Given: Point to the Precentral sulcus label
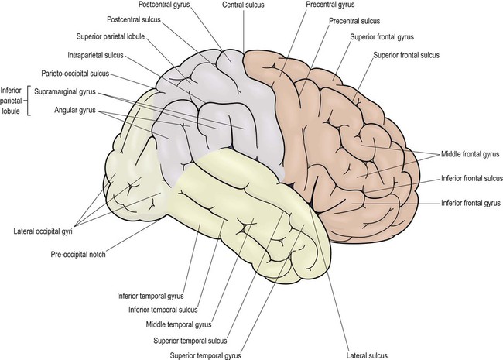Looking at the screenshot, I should point(354,20).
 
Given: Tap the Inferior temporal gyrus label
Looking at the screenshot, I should point(149,295).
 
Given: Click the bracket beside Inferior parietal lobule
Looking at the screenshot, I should point(29,101).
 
